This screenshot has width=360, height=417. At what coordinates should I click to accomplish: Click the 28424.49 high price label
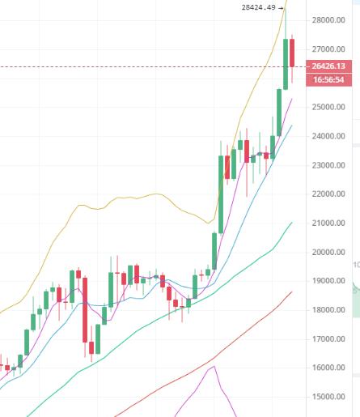[x=259, y=7]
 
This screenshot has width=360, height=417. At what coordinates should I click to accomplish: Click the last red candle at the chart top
[x=294, y=53]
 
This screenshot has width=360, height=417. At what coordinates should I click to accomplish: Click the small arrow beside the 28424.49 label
[x=281, y=7]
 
